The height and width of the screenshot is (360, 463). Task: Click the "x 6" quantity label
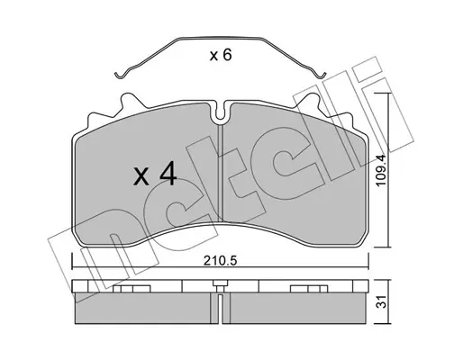pos(221,55)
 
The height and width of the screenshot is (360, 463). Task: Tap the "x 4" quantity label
pos(155,174)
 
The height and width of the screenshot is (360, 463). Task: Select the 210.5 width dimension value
pos(220,261)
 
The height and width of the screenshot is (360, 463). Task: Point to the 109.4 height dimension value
pos(381,170)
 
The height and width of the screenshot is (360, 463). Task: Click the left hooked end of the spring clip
pos(120,75)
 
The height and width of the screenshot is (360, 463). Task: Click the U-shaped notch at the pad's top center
pos(221,112)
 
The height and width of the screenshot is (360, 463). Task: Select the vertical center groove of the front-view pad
pos(221,173)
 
